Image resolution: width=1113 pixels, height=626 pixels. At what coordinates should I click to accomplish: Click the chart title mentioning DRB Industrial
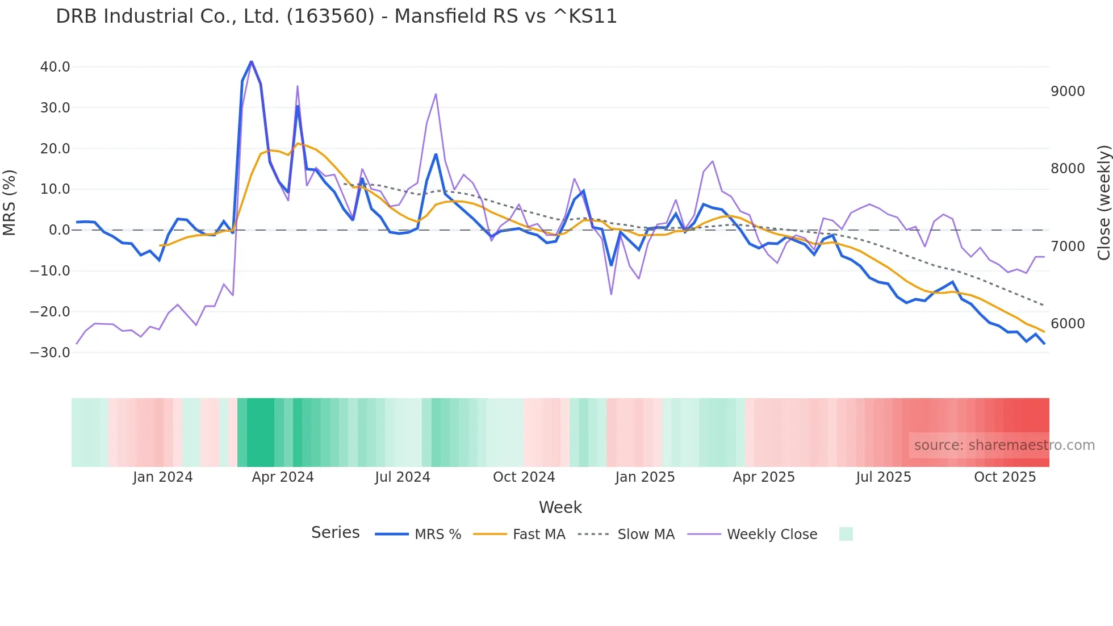click(336, 16)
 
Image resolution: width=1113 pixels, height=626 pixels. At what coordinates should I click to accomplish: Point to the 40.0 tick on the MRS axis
click(55, 67)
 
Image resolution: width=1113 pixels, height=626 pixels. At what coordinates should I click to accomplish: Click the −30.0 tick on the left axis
click(50, 353)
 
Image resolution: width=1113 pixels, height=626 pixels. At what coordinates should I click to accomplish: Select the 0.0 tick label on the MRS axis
click(59, 230)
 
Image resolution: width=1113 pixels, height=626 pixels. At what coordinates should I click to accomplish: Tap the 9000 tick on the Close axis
click(1068, 91)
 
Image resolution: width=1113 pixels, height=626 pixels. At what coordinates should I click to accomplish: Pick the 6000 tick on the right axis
click(1068, 324)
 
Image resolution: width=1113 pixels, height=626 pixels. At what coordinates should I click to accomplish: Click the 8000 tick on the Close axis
click(1068, 169)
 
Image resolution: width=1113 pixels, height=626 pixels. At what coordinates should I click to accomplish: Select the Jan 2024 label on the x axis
click(163, 477)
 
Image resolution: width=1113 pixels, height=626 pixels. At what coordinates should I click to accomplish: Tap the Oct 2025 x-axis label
click(1005, 477)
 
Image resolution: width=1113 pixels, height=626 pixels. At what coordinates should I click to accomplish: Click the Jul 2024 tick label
click(403, 477)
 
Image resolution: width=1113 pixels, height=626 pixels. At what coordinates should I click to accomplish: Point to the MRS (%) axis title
click(10, 203)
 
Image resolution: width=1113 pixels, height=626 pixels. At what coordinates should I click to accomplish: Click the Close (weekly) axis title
click(1103, 203)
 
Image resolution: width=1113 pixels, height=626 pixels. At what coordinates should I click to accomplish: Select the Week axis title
click(560, 507)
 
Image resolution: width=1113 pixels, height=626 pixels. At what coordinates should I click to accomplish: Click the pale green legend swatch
click(846, 534)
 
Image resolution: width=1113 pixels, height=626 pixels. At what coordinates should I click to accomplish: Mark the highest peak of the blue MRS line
click(251, 61)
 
